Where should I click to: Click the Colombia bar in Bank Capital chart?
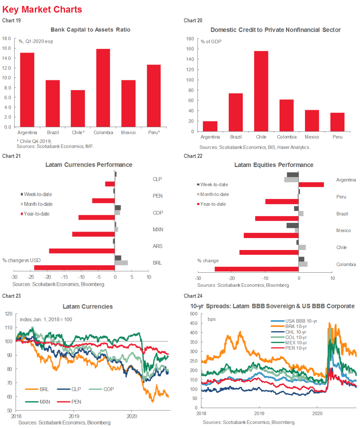pos(103,88)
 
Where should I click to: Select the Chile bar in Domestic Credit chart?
pos(261,91)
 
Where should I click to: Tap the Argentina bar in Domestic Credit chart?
pos(210,126)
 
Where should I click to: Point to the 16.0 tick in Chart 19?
pos(7,48)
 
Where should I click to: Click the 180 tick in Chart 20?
pos(190,39)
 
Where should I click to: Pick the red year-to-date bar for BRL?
pos(74,268)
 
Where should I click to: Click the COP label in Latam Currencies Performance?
pos(158,213)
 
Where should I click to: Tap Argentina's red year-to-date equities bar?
pos(311,185)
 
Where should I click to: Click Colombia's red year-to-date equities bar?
pos(256,269)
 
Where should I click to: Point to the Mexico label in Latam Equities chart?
pos(343,231)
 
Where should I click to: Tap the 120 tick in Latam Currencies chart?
pos(9,314)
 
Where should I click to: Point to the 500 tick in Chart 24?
pos(194,314)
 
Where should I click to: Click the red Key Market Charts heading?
pos(42,9)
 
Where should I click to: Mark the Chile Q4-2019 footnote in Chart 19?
pos(34,141)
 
